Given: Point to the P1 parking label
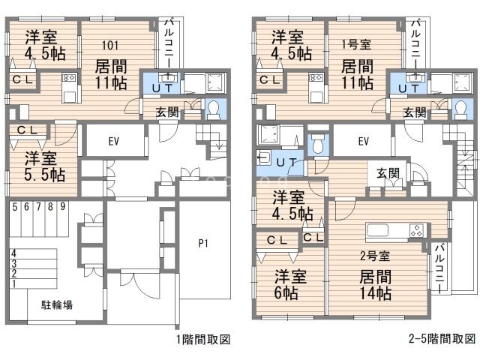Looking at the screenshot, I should (203, 242).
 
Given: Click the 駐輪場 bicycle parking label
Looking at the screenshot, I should (55, 305).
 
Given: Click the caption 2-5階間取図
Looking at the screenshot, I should (443, 340).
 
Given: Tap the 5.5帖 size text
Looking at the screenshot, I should (43, 175).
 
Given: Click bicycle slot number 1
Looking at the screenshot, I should (13, 283).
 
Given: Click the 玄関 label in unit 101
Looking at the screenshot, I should (166, 112).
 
